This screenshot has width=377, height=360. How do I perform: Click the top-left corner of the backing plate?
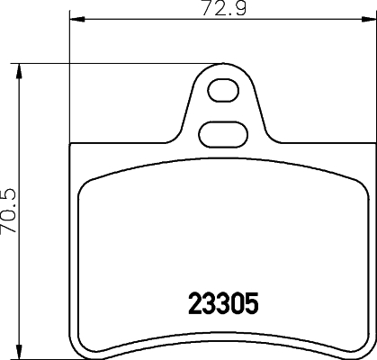[72, 147]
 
